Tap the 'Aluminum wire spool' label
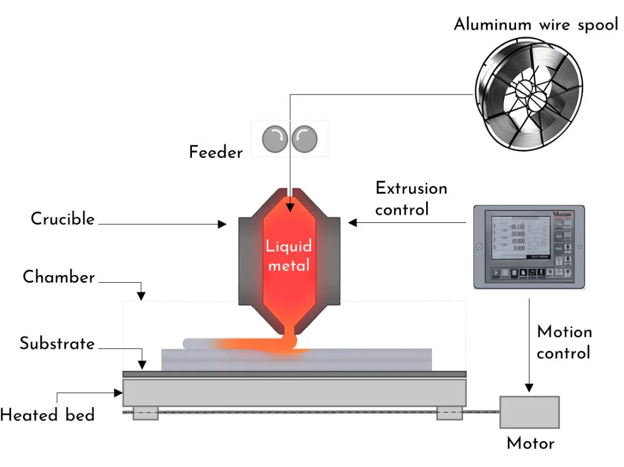coord(535,25)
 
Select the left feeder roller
coord(273,139)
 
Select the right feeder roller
coord(305,139)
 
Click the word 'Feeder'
coord(215,153)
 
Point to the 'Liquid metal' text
coord(288,255)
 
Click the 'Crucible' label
coord(63,219)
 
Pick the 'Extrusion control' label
coord(411,198)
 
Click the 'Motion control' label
coord(564,343)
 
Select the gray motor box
coord(529,412)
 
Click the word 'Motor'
coord(530,444)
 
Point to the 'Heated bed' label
coord(47,415)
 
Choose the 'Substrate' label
coord(57,343)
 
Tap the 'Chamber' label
coord(59,277)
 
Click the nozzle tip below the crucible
coord(288,333)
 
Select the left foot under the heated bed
coord(145,413)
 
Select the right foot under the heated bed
coord(449,413)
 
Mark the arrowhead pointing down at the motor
coord(529,388)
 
